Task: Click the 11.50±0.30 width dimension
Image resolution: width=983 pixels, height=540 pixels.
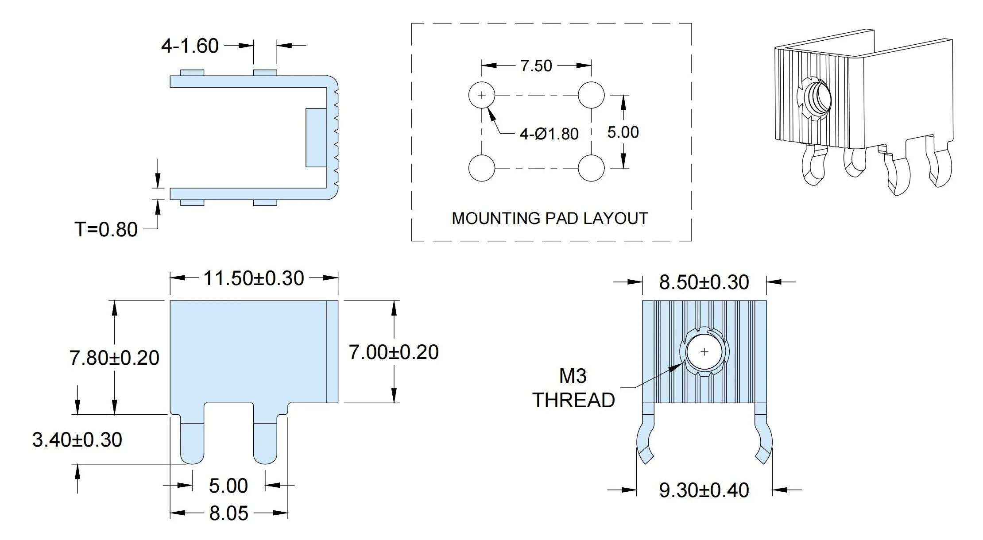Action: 254,278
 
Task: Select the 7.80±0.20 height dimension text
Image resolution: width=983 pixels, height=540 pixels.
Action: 114,358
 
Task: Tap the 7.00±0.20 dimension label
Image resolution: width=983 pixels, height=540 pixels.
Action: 394,352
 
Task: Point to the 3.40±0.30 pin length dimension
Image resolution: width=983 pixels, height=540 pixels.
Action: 77,440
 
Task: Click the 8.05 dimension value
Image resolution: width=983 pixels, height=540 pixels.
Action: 228,513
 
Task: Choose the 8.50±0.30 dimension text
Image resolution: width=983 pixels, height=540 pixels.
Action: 704,282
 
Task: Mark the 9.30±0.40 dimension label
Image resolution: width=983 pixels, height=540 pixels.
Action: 704,490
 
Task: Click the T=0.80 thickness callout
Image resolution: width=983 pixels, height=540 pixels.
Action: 106,230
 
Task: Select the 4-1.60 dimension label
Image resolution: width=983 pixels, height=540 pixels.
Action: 190,46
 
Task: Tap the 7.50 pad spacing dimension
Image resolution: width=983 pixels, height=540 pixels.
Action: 536,66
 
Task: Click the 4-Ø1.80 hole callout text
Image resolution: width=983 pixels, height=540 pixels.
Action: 549,134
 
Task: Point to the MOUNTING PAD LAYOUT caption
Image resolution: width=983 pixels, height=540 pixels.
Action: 550,219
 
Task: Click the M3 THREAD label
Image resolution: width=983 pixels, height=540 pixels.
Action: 573,388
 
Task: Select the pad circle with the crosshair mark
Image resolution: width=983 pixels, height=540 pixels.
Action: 482,95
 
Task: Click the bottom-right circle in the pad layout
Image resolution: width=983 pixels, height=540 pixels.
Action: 591,168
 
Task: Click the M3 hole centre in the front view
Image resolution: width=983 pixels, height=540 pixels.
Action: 704,352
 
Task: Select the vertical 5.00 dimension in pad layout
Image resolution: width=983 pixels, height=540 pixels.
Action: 623,132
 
